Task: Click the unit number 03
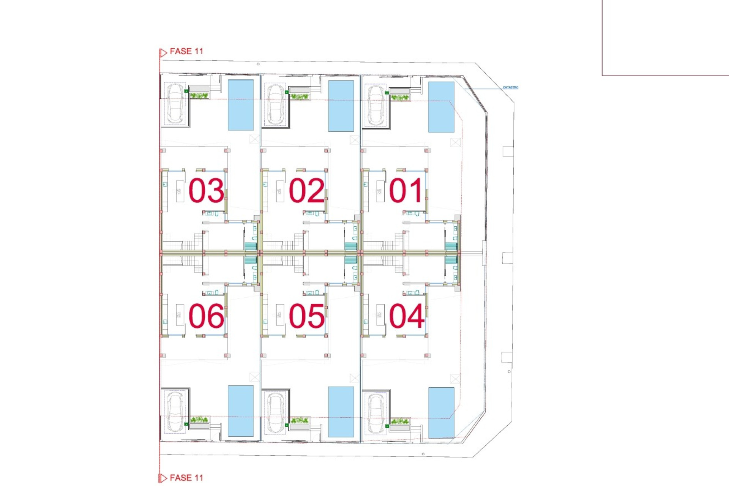coord(206,190)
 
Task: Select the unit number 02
coord(306,190)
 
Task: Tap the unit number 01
coord(406,190)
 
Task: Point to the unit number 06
coord(206,316)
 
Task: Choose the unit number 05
coord(306,316)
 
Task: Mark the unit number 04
coord(407,316)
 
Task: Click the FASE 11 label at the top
coord(186,51)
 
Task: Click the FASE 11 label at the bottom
coord(186,478)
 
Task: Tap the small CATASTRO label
coord(510,87)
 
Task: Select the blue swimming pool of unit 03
coord(240,105)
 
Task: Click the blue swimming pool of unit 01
coord(441,107)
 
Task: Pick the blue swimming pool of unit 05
coord(341,412)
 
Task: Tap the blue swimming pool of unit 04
coord(441,413)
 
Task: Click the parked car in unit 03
coord(175,103)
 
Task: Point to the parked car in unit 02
coord(275,104)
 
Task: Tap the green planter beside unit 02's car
coord(300,96)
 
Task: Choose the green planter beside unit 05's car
coord(300,420)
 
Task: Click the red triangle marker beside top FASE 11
coord(163,53)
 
